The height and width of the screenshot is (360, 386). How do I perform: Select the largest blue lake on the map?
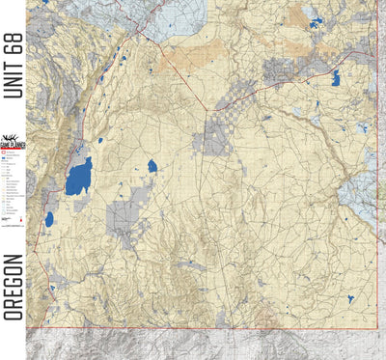click(78, 176)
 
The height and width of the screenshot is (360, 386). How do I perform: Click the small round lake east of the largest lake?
click(152, 166)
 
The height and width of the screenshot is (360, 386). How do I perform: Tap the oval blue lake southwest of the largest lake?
click(49, 219)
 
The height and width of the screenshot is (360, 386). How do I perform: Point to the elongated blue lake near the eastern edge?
click(335, 77)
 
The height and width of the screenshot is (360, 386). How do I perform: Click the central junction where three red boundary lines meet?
click(206, 109)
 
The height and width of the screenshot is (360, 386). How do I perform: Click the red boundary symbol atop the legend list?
click(8, 153)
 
